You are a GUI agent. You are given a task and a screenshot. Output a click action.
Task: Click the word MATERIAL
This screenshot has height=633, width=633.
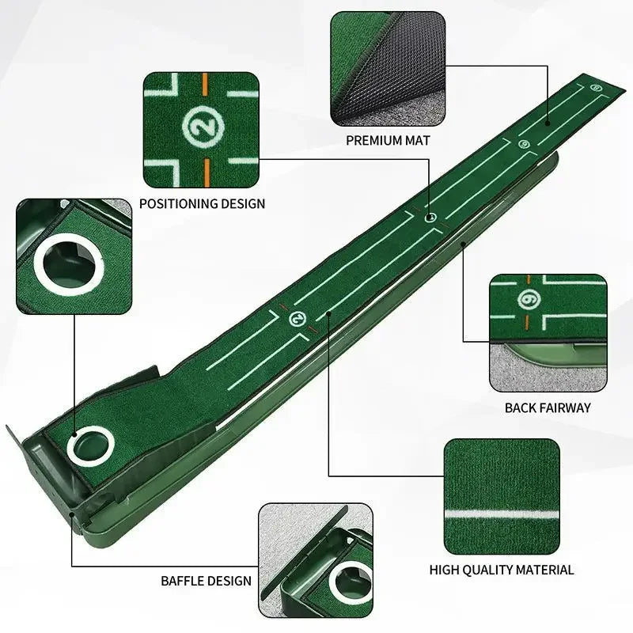(x=546, y=569)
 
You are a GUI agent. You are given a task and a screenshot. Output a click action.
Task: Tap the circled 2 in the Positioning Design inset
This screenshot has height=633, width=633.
(x=201, y=125)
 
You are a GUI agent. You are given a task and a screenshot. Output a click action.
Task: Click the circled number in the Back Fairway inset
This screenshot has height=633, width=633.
(x=528, y=301)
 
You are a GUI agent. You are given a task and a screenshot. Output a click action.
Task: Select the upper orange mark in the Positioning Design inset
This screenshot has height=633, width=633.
(x=205, y=83)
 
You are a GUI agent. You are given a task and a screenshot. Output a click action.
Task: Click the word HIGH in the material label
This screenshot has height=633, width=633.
(x=445, y=569)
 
